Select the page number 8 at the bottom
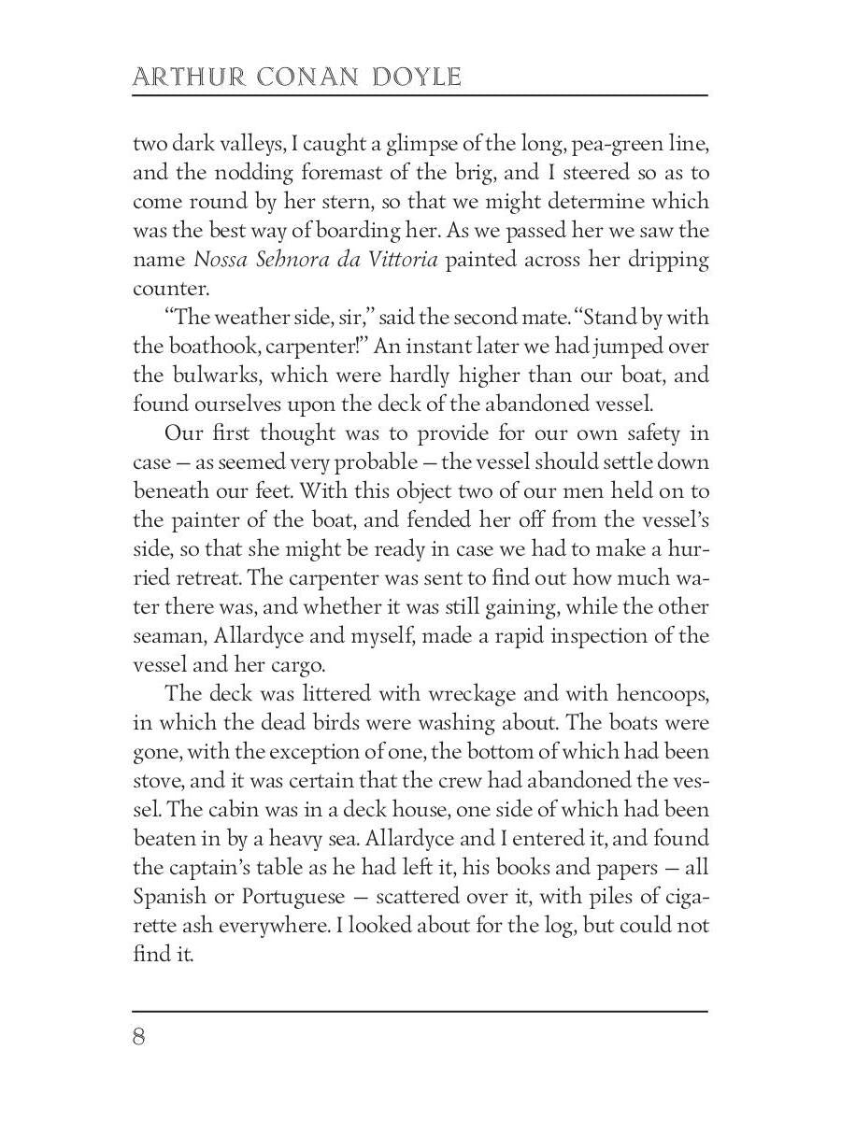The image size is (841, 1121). coord(139,1038)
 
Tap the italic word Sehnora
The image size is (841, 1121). coord(292,260)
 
